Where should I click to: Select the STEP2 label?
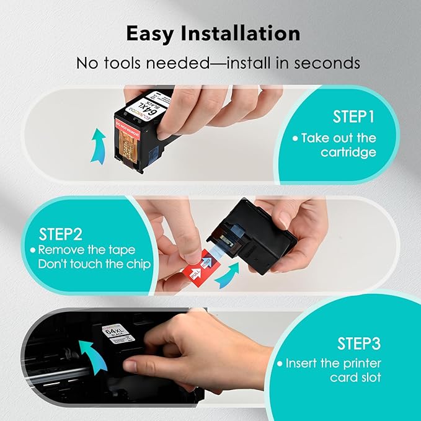coord(61,235)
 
